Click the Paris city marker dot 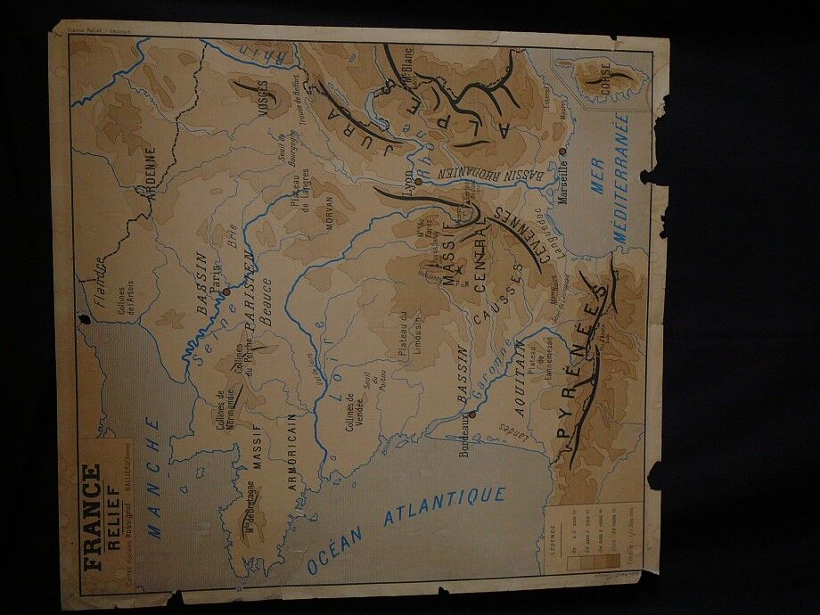click(x=226, y=291)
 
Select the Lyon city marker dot click(x=417, y=181)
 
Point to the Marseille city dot click(x=562, y=152)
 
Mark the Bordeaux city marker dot click(x=471, y=414)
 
